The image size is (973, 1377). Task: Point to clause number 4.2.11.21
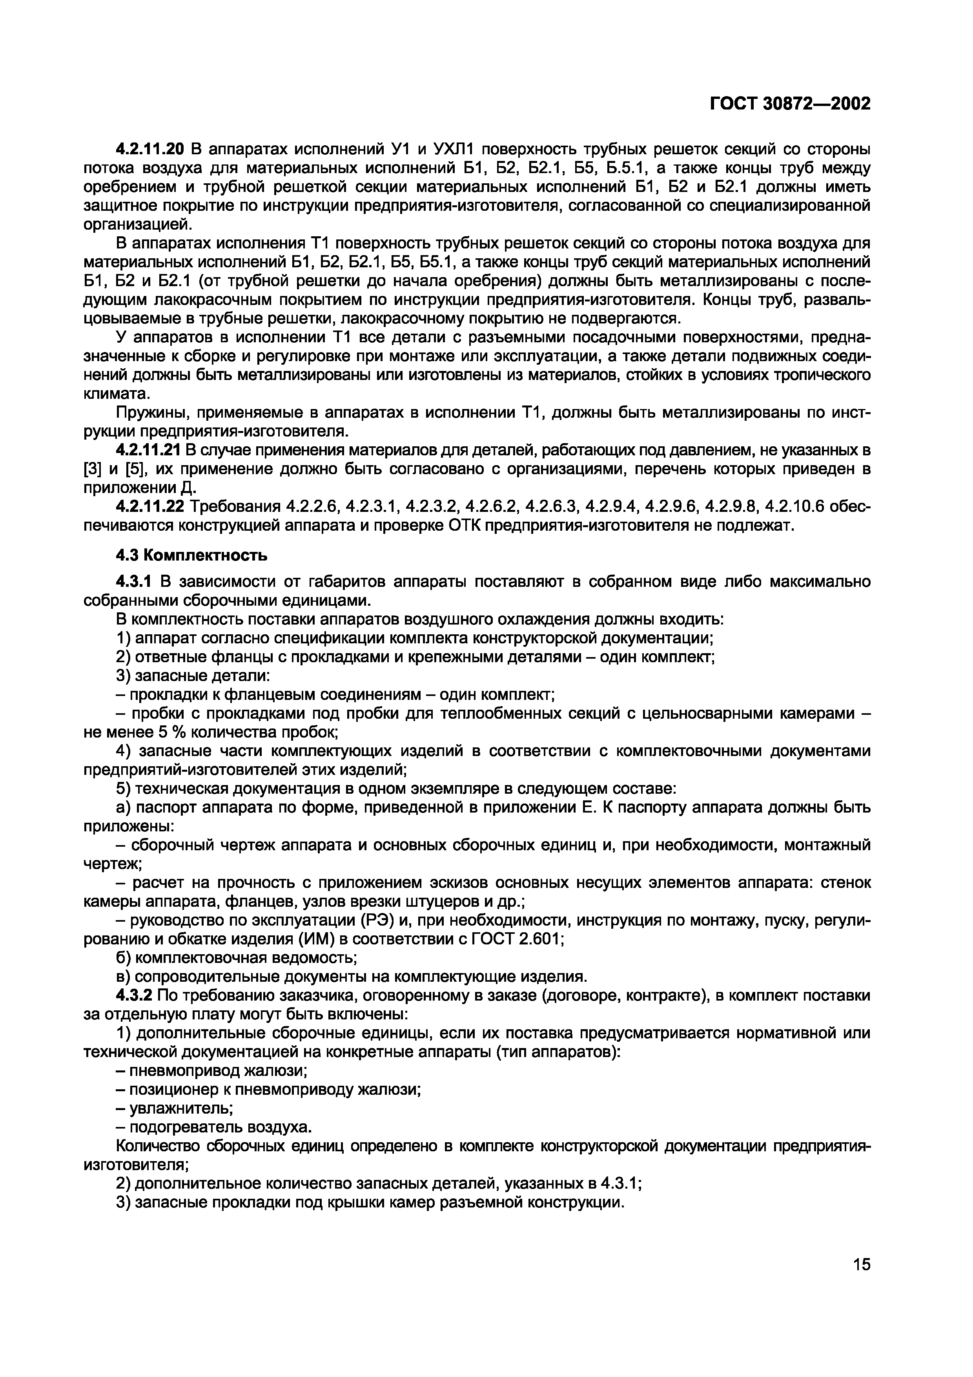151,450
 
